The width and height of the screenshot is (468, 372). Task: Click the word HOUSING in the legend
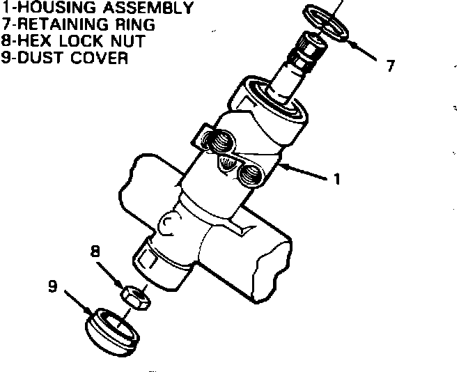(x=47, y=9)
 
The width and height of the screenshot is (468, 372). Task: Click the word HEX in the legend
(x=33, y=41)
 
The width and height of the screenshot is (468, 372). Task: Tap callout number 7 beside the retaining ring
(x=391, y=66)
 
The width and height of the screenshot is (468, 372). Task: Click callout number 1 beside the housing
(x=337, y=179)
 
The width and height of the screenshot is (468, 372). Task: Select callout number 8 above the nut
(x=95, y=250)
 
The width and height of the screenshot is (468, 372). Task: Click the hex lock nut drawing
(x=133, y=297)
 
